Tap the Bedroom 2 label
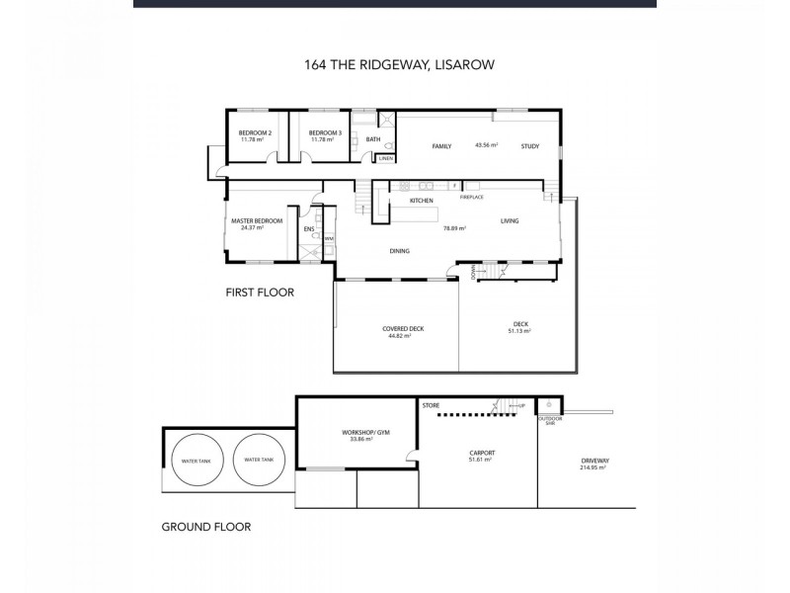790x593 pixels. pos(256,132)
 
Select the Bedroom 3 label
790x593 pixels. pos(325,132)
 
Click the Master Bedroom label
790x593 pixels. pos(256,221)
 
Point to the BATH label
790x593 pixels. pos(373,139)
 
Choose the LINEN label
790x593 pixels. pos(385,158)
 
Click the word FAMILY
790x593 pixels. pos(441,146)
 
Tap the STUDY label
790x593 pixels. pos(530,146)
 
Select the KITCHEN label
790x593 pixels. pos(423,201)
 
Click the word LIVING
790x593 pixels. pos(510,220)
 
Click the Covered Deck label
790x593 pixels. pos(396,328)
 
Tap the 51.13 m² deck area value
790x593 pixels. pos(520,331)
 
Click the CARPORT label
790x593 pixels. pos(482,454)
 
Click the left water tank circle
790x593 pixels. pos(197,461)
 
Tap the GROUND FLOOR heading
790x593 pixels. pos(205,527)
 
